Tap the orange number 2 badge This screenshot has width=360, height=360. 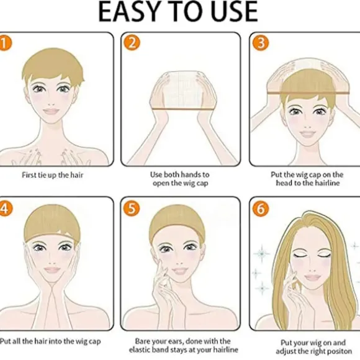tap(132, 42)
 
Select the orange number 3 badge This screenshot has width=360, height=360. tap(261, 42)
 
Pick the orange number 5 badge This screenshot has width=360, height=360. tap(132, 209)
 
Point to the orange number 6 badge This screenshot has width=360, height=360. tap(261, 209)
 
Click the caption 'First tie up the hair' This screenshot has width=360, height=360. tap(52, 175)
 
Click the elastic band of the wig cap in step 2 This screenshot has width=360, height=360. tap(176, 109)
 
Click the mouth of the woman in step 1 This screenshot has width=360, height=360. tap(52, 112)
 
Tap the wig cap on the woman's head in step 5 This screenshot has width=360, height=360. tap(177, 220)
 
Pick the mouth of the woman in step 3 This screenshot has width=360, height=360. tap(308, 133)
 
